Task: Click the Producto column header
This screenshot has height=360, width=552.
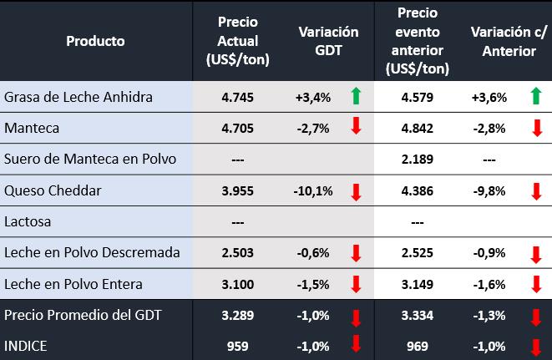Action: [x=95, y=40]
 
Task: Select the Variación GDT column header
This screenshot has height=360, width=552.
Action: [x=328, y=40]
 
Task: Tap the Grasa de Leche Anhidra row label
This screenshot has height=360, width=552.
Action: [x=78, y=97]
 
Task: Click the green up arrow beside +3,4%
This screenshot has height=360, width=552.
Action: [x=356, y=97]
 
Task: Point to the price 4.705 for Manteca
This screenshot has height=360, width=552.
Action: [x=237, y=128]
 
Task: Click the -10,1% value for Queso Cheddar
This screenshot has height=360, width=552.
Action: [x=313, y=190]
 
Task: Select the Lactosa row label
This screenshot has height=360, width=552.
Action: [x=28, y=221]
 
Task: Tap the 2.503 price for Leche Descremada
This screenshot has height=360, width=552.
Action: [x=237, y=252]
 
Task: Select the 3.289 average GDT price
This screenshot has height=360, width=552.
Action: [x=237, y=315]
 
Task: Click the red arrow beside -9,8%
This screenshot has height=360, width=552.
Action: [x=536, y=191]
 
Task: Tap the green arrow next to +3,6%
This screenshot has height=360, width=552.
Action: [x=536, y=97]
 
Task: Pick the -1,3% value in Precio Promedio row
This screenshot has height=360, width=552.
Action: [x=489, y=315]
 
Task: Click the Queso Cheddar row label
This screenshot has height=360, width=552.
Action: [x=53, y=190]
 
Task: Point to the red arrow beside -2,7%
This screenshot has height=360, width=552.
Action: [x=356, y=128]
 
